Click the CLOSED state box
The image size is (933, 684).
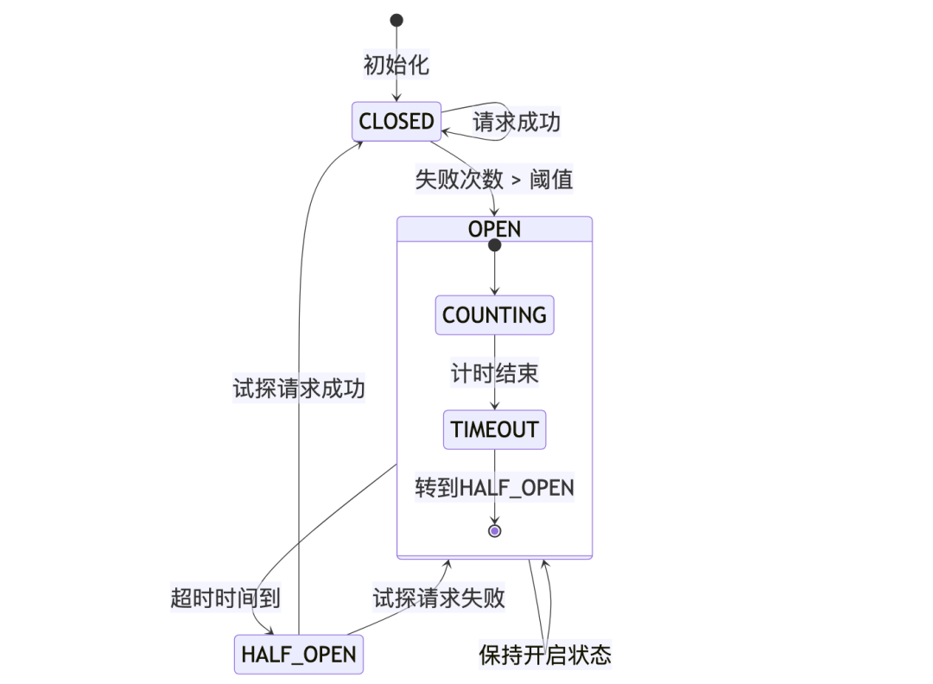coord(397,122)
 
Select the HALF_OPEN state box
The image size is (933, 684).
coord(298,655)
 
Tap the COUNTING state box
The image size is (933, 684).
coord(494,315)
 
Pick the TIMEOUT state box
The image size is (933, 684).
coord(494,429)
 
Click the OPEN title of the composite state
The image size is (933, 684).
coord(494,229)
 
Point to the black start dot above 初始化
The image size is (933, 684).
coord(397,20)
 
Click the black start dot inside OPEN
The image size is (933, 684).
coord(494,246)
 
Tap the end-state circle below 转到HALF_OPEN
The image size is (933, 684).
coord(494,530)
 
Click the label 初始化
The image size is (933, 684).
coord(397,65)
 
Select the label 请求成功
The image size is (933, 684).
coord(516,122)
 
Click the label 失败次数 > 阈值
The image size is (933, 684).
coord(493,180)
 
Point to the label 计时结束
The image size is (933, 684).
coord(494,373)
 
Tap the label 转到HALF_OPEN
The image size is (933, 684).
coord(494,488)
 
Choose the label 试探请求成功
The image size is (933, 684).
coord(299,389)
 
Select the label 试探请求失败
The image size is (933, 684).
coord(439,598)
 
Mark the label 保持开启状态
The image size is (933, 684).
coord(545,655)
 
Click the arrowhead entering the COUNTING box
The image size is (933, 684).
coord(494,293)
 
